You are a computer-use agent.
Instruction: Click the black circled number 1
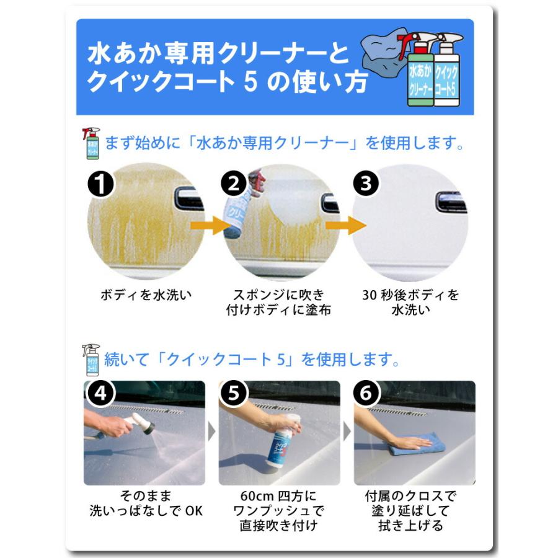coord(100,184)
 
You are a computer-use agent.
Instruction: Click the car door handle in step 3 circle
coord(450,201)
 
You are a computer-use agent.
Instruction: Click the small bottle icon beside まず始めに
coord(91,144)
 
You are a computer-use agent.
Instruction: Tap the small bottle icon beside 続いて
coord(91,360)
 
